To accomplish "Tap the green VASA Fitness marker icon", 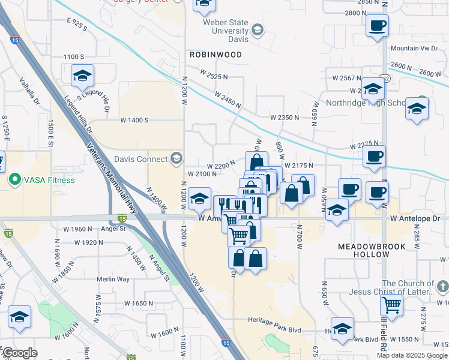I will [14, 179].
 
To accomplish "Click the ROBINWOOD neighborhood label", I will [215, 55].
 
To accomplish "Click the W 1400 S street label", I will [134, 120].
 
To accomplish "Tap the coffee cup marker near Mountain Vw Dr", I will [377, 26].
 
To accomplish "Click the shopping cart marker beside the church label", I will [391, 305].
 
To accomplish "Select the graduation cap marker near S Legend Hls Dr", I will [82, 76].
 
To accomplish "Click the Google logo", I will [20, 353].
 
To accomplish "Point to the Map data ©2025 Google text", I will [412, 355].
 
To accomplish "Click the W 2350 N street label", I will [284, 117].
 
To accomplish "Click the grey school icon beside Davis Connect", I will [176, 158].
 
